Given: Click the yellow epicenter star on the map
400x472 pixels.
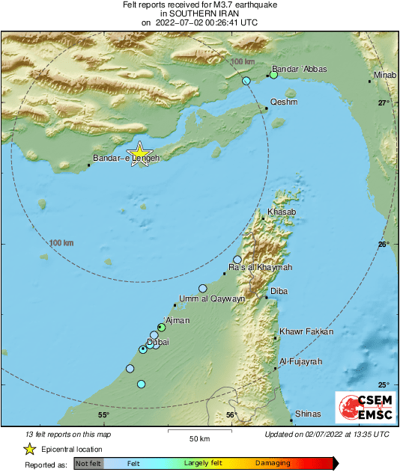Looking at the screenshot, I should [x=139, y=153].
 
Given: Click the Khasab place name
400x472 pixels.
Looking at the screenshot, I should [x=282, y=213].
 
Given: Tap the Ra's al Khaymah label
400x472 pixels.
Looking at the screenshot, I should [x=260, y=268].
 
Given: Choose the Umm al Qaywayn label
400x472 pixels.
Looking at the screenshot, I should [x=212, y=298].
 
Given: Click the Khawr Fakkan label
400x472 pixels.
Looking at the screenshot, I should [x=306, y=331].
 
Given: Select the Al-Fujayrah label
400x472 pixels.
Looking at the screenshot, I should [x=300, y=361].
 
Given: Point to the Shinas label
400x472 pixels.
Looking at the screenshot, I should [x=308, y=414].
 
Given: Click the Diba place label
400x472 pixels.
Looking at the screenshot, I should [x=279, y=292].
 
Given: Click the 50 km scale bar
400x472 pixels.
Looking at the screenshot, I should [x=199, y=431].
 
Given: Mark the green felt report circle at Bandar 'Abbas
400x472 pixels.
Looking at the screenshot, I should [x=274, y=75].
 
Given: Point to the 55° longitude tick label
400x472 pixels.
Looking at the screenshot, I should [x=103, y=415].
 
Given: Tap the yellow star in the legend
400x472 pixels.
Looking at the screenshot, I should [x=29, y=449].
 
